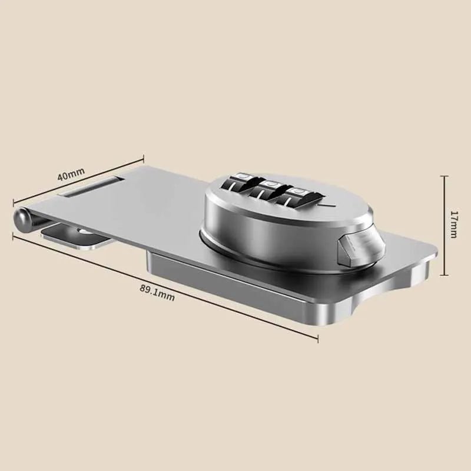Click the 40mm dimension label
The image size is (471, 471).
(x=71, y=175)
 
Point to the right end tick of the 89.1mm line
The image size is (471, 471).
(x=319, y=338)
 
